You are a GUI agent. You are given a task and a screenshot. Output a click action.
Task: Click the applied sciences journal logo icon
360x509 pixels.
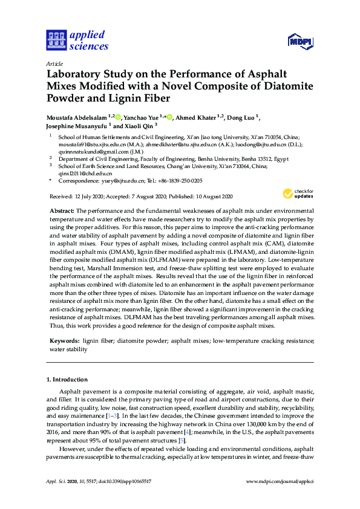56,40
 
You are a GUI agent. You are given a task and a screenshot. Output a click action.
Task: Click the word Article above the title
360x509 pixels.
54,63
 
